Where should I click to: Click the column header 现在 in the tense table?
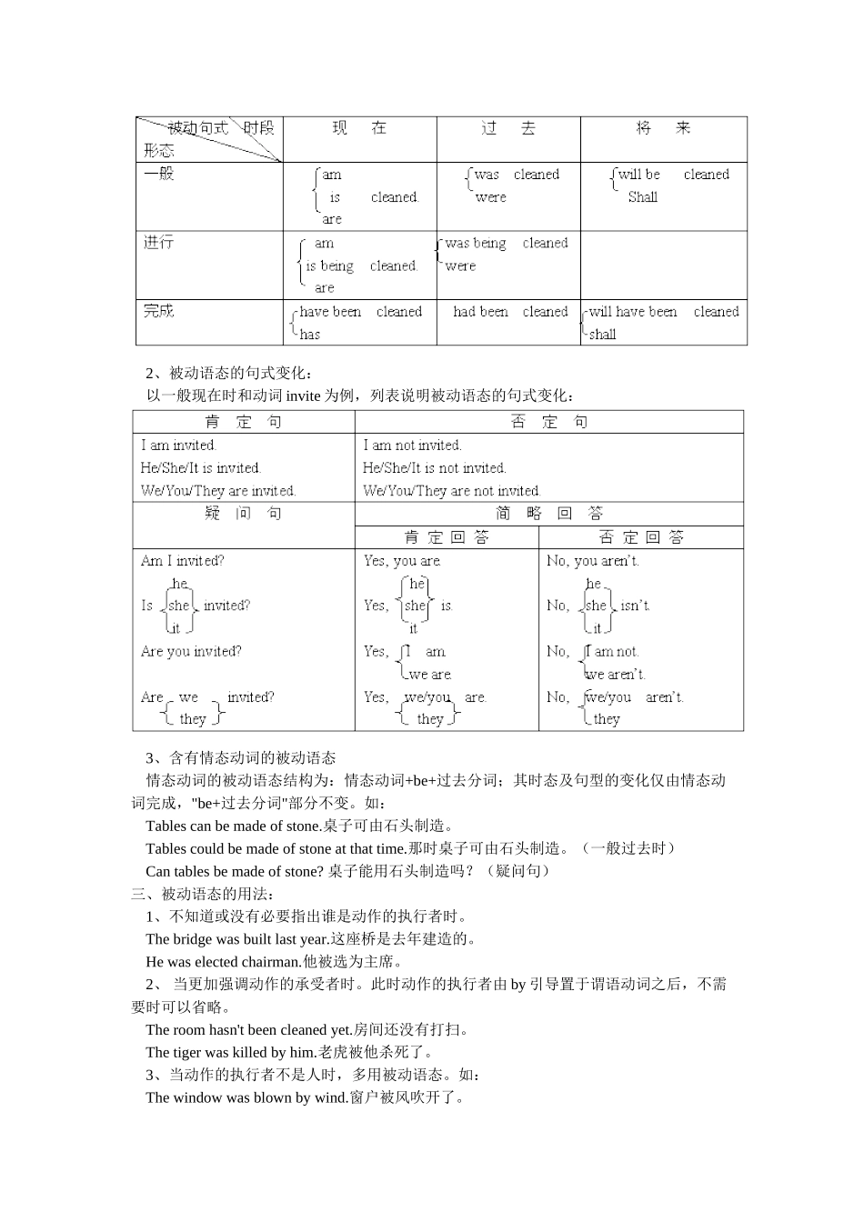(x=359, y=128)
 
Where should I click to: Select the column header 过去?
(x=508, y=128)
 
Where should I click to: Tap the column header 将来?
(x=663, y=128)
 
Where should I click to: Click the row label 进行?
(x=158, y=242)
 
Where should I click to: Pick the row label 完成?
(x=158, y=311)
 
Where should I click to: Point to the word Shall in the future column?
(x=642, y=197)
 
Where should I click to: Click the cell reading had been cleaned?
(x=509, y=312)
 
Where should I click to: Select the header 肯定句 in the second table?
(x=243, y=422)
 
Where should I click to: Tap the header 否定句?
(x=548, y=422)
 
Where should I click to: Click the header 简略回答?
(x=548, y=514)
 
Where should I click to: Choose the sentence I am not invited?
(x=412, y=446)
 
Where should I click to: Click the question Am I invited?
(x=182, y=561)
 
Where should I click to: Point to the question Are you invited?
(x=191, y=652)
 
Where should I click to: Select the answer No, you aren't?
(x=592, y=561)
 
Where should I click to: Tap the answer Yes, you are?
(x=402, y=561)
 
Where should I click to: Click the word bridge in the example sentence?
(x=191, y=939)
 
